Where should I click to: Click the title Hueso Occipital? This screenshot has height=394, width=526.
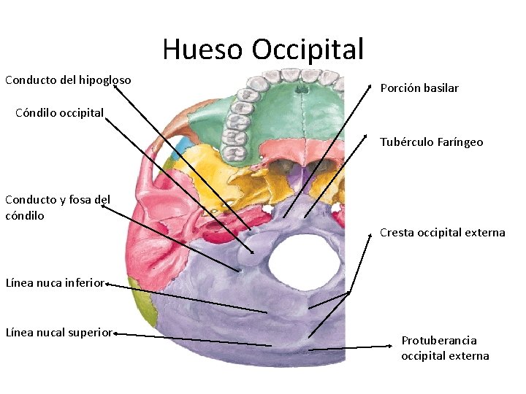[x=263, y=50]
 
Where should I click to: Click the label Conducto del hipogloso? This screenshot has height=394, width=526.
[x=68, y=80]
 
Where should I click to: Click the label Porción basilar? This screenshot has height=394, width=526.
[x=419, y=88]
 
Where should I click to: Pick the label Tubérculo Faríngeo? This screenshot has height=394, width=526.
[x=431, y=142]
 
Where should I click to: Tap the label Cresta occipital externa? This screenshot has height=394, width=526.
[x=442, y=233]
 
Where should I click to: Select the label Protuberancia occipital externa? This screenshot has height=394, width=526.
[x=444, y=348]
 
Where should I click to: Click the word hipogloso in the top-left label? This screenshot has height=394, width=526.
[x=104, y=80]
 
